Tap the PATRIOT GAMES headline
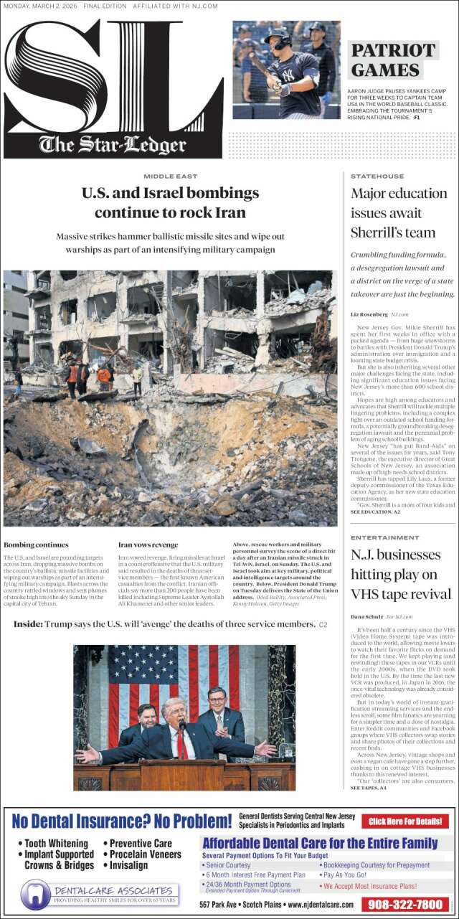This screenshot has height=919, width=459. pyautogui.click(x=393, y=60)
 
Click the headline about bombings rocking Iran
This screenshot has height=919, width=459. pyautogui.click(x=170, y=203)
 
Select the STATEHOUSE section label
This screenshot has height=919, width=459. pyautogui.click(x=377, y=176)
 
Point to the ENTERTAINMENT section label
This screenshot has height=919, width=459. pyautogui.click(x=385, y=537)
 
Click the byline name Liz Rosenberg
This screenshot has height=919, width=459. pyautogui.click(x=369, y=314)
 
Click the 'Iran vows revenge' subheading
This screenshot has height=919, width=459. pyautogui.click(x=148, y=545)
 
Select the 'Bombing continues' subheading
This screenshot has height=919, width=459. pyautogui.click(x=36, y=545)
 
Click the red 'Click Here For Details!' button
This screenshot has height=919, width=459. pyautogui.click(x=405, y=821)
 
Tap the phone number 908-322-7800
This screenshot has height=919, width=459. pyautogui.click(x=406, y=905)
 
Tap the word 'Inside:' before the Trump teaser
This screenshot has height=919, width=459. pyautogui.click(x=28, y=624)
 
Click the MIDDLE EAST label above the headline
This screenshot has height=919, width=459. pyautogui.click(x=170, y=176)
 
